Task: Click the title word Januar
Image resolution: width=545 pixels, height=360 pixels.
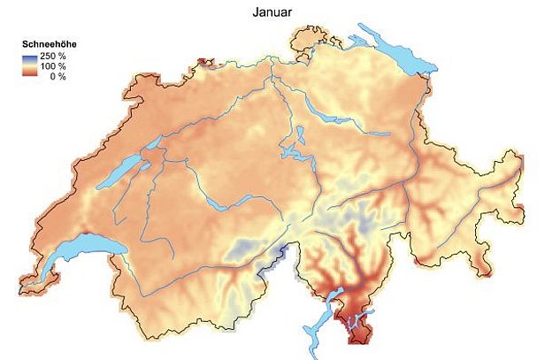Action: click(272, 13)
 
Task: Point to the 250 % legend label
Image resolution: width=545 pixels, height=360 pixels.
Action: click(54, 56)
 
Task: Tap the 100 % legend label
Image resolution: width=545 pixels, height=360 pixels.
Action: click(54, 66)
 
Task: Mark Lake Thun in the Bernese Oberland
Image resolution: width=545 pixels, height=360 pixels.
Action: click(218, 203)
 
